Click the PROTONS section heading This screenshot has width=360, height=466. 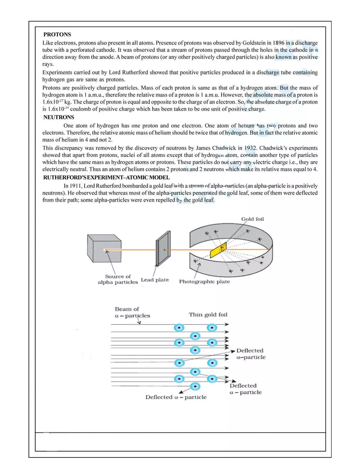pyautogui.click(x=57, y=35)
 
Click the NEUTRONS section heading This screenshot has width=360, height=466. pyautogui.click(x=59, y=117)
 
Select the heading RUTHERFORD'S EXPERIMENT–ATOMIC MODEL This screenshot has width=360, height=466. pyautogui.click(x=106, y=178)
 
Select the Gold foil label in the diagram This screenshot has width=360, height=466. pyautogui.click(x=252, y=219)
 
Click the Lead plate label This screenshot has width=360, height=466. pyautogui.click(x=155, y=280)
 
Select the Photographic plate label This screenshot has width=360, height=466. pyautogui.click(x=204, y=281)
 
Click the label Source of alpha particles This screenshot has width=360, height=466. pyautogui.click(x=118, y=279)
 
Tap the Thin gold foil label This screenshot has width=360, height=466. pyautogui.click(x=208, y=315)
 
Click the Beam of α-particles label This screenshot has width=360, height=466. pyautogui.click(x=132, y=313)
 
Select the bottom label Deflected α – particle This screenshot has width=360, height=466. pyautogui.click(x=176, y=397)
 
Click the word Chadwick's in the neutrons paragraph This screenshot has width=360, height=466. pyautogui.click(x=274, y=148)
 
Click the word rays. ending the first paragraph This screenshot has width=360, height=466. pyautogui.click(x=48, y=64)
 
